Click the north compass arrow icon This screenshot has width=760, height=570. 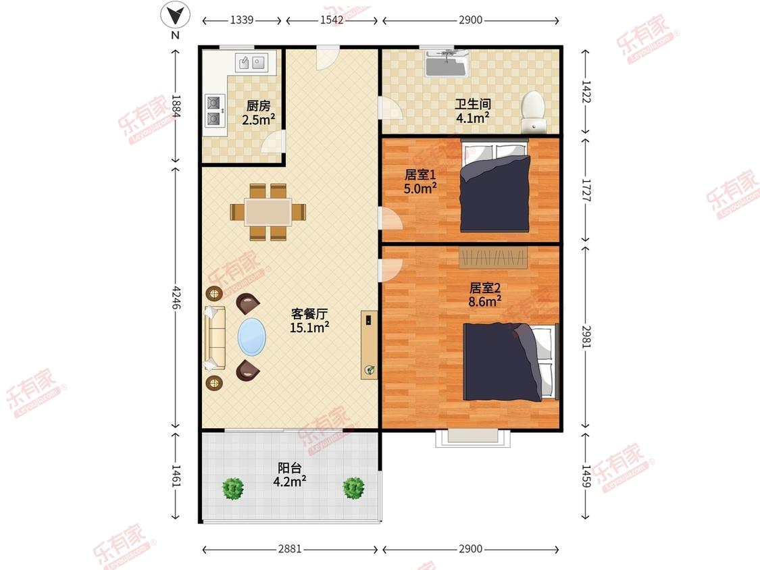(176, 15)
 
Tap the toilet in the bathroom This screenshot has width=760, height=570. (533, 111)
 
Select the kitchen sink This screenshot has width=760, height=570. (251, 63)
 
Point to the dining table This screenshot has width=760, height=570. (268, 212)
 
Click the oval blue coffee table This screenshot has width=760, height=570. (251, 336)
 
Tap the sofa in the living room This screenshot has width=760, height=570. (214, 338)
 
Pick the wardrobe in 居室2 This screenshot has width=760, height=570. (493, 257)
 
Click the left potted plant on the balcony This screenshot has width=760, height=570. (232, 488)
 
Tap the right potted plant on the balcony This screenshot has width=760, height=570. (353, 488)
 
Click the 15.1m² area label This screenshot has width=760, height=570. (309, 328)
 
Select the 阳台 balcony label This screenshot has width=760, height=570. (289, 468)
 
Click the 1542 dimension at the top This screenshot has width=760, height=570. (332, 20)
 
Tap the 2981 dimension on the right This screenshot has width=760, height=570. (586, 336)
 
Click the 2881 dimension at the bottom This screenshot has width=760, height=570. (290, 548)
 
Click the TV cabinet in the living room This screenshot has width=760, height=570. (369, 344)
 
